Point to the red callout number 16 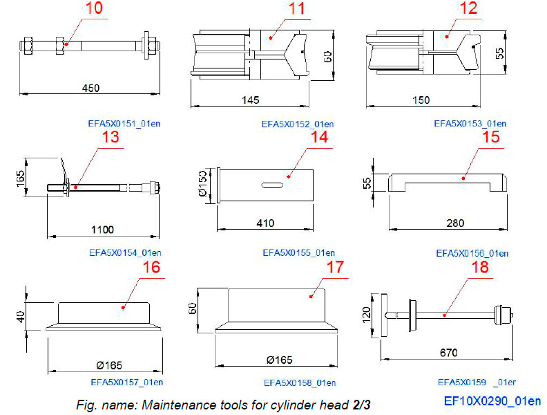tap(152, 267)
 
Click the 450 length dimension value tap(90, 88)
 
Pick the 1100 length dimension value tap(102, 229)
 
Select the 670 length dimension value tap(448, 353)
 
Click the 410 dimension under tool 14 tap(265, 223)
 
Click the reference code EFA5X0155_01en tap(298, 252)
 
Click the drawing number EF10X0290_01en tap(492, 400)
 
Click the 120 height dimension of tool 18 tap(367, 315)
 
